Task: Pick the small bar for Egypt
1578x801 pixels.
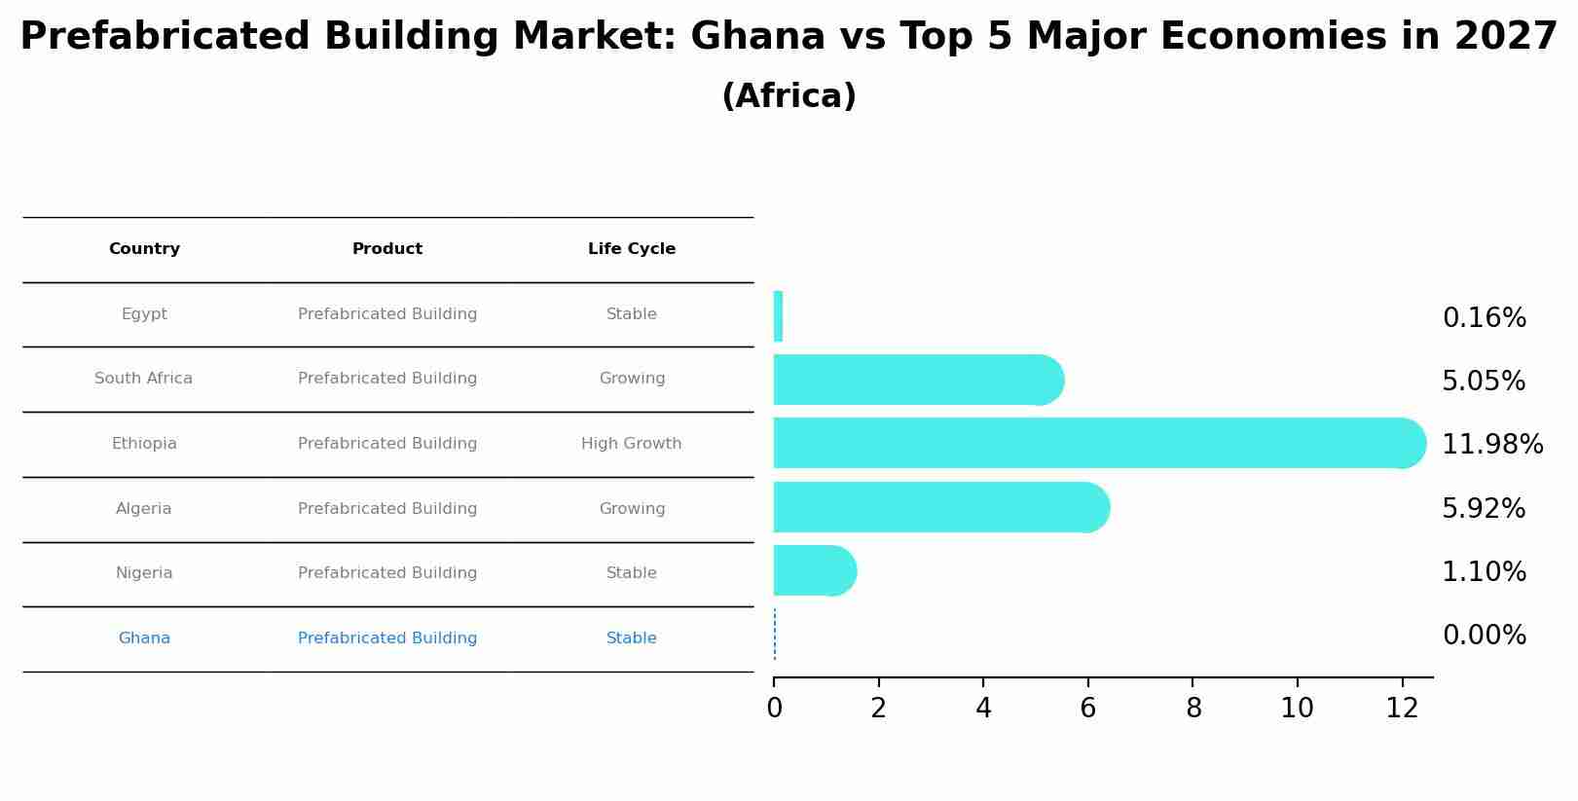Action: pos(778,316)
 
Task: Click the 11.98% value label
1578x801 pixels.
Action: pos(1491,445)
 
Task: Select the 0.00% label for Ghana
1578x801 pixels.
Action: pos(1484,636)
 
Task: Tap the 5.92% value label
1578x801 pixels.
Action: pos(1483,509)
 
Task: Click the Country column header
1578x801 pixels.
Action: pos(144,249)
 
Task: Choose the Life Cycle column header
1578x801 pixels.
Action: pos(631,249)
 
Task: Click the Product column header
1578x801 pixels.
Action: pos(386,249)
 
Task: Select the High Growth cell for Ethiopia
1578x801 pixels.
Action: pos(631,444)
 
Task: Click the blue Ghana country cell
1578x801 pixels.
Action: pos(144,638)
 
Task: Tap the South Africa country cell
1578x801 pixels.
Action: pos(143,379)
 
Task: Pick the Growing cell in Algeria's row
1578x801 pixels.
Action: pos(632,509)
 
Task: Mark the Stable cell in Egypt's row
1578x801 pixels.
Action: pos(631,314)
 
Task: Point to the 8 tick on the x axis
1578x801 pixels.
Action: pos(1193,708)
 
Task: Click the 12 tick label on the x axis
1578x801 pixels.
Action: pos(1402,708)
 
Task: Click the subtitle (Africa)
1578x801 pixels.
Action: pos(789,96)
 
